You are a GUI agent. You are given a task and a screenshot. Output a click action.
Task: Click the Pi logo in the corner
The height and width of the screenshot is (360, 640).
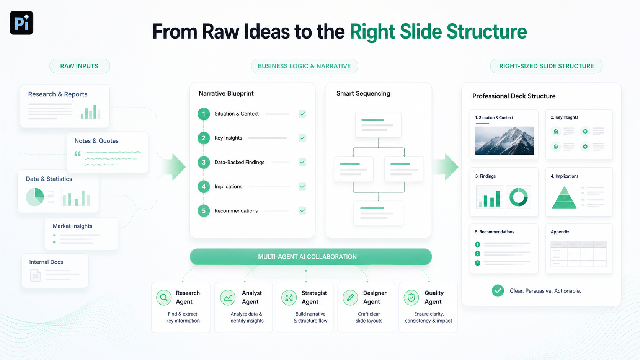(x=21, y=23)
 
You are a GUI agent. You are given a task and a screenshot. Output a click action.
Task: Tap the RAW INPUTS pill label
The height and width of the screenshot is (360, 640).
(x=80, y=66)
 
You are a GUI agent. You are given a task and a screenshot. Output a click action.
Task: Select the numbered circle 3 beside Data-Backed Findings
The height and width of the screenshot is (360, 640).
(x=204, y=163)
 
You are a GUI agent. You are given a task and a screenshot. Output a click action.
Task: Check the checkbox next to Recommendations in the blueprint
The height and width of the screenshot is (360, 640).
(x=302, y=211)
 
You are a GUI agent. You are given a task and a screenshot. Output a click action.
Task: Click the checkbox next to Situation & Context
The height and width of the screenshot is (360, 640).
(x=302, y=114)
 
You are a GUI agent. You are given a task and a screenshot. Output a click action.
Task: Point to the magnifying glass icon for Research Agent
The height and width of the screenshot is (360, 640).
(x=164, y=298)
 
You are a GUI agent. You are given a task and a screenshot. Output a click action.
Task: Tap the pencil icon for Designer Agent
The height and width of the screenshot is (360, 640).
(x=350, y=298)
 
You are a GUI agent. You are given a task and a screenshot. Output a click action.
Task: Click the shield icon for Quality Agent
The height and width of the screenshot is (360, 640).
(x=411, y=298)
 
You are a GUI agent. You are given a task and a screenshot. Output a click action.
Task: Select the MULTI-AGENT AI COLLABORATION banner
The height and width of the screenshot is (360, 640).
(x=310, y=257)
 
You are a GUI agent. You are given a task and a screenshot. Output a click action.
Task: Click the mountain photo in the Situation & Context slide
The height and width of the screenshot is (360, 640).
(x=504, y=141)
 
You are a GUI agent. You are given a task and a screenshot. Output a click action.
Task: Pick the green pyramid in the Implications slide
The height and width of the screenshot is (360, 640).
(x=564, y=197)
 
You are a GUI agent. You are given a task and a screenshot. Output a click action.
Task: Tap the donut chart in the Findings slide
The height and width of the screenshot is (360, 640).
(x=519, y=197)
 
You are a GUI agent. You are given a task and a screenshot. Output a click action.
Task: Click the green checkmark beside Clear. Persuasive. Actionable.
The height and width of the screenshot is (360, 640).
(x=498, y=291)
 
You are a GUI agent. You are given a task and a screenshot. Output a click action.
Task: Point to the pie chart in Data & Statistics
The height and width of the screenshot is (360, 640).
(x=35, y=197)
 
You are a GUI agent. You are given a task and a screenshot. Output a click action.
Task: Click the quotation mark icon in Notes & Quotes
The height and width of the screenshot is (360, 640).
(x=77, y=154)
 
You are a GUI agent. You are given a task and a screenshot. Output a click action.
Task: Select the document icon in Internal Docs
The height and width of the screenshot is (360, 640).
(x=36, y=275)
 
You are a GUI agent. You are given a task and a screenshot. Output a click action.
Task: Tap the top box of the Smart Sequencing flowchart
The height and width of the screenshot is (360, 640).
(x=378, y=125)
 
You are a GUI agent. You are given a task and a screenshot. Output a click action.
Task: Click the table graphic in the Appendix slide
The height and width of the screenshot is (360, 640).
(x=579, y=254)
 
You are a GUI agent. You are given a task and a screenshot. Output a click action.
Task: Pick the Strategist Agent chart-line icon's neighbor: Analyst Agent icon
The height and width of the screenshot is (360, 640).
(x=228, y=298)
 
